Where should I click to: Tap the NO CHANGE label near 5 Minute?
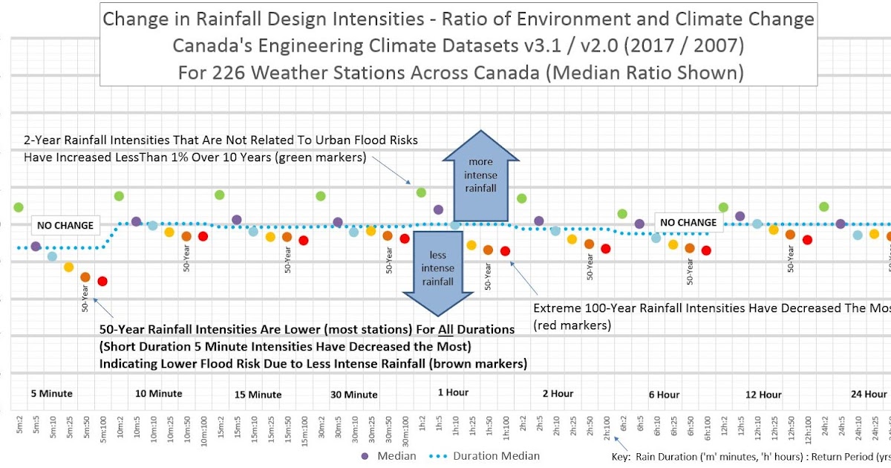(65, 225)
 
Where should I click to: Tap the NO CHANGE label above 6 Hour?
(688, 222)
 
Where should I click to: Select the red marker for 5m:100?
(102, 281)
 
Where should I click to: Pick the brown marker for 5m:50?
(85, 277)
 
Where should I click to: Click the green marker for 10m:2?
(119, 196)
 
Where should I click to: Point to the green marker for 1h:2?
(421, 192)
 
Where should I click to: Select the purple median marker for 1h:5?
(438, 209)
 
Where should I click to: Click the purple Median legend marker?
(365, 455)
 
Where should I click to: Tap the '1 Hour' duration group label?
(453, 392)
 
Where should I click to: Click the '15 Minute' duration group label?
(258, 394)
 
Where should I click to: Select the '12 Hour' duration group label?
(763, 394)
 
